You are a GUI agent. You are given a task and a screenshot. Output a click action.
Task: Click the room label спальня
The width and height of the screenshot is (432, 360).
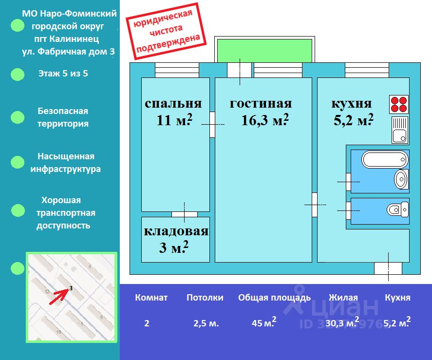tap(173, 104)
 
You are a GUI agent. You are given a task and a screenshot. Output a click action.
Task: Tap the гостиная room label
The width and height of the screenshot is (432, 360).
tap(261, 104)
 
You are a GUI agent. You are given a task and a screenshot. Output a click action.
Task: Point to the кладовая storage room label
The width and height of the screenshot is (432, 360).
tap(176, 232)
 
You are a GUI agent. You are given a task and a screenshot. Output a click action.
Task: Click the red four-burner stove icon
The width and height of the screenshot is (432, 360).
tap(399, 104)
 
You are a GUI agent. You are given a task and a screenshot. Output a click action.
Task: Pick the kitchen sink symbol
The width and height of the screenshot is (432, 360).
tap(399, 130)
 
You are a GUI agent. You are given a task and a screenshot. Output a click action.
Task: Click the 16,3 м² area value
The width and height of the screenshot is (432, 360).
tap(265, 120)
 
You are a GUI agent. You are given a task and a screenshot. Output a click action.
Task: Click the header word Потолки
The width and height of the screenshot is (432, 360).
tap(205, 298)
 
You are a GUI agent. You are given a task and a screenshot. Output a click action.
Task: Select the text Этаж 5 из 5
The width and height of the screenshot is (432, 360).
tap(63, 74)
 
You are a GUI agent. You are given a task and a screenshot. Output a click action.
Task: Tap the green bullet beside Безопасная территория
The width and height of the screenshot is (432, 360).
tap(18, 117)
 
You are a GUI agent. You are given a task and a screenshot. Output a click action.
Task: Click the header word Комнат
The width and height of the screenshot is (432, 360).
tap(151, 298)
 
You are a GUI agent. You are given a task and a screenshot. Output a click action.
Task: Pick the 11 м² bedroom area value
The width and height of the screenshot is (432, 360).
tap(174, 120)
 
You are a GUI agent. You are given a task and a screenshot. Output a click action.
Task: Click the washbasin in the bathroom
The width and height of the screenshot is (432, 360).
tap(401, 179)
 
